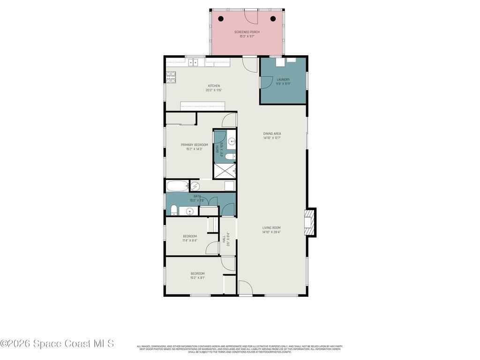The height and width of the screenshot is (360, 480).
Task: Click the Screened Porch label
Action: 247,32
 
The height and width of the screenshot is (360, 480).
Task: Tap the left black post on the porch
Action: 221,19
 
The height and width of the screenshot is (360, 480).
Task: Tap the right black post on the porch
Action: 273,19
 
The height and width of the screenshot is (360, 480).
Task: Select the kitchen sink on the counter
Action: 196,62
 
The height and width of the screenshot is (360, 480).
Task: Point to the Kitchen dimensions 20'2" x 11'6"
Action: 213,90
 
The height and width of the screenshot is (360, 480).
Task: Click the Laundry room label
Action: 283,80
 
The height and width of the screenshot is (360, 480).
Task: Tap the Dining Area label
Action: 272,134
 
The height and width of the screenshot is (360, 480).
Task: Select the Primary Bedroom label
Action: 194,145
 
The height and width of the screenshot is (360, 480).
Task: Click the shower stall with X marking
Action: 225,171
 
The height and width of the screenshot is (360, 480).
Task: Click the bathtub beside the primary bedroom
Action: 178,186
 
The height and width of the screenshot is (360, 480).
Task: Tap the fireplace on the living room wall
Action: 309,222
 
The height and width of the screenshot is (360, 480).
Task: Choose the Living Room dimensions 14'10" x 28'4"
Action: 271,232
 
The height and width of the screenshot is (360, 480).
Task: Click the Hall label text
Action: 224,239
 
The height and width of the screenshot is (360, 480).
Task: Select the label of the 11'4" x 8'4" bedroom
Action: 190,236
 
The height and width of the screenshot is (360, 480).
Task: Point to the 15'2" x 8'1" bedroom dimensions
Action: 197,277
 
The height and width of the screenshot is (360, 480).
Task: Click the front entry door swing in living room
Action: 245,288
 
